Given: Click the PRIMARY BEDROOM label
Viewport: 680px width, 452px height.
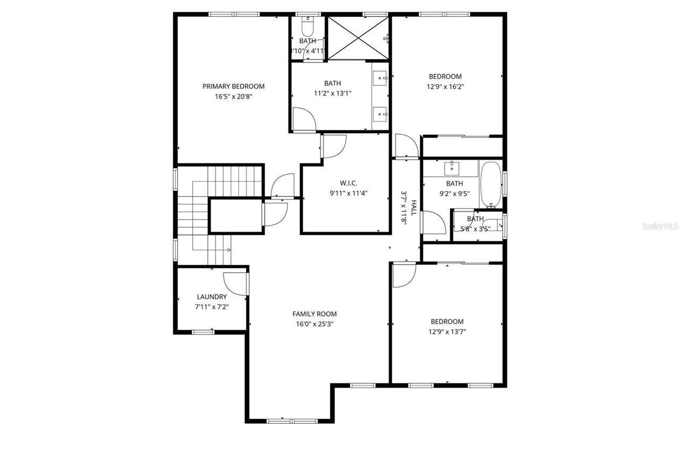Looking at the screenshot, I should point(233,86).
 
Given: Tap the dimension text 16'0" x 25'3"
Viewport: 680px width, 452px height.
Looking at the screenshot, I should point(314,324).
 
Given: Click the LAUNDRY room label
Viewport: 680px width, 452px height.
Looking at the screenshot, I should point(211,297).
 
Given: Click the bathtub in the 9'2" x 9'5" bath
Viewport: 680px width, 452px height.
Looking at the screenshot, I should point(489,185).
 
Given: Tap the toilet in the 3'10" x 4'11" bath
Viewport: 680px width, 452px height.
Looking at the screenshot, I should point(308,25).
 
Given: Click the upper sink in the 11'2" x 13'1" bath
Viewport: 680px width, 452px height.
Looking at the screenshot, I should point(380,79).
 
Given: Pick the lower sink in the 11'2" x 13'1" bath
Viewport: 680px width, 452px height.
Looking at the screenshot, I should point(380,112).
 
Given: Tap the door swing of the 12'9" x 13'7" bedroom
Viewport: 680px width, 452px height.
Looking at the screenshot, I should point(404,275).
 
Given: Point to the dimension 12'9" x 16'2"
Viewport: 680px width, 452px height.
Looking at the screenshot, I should point(445,86).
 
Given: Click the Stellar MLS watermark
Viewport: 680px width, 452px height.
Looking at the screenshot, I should point(659,227).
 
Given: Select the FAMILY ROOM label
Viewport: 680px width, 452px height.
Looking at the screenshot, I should point(314,314).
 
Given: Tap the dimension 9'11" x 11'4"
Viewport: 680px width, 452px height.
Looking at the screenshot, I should point(348,193).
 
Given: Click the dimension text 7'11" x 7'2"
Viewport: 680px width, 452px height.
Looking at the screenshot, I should point(211,307).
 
